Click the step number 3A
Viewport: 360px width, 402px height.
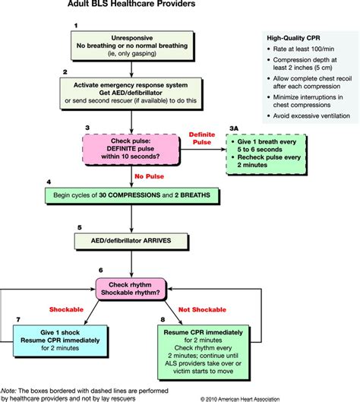[235, 128]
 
